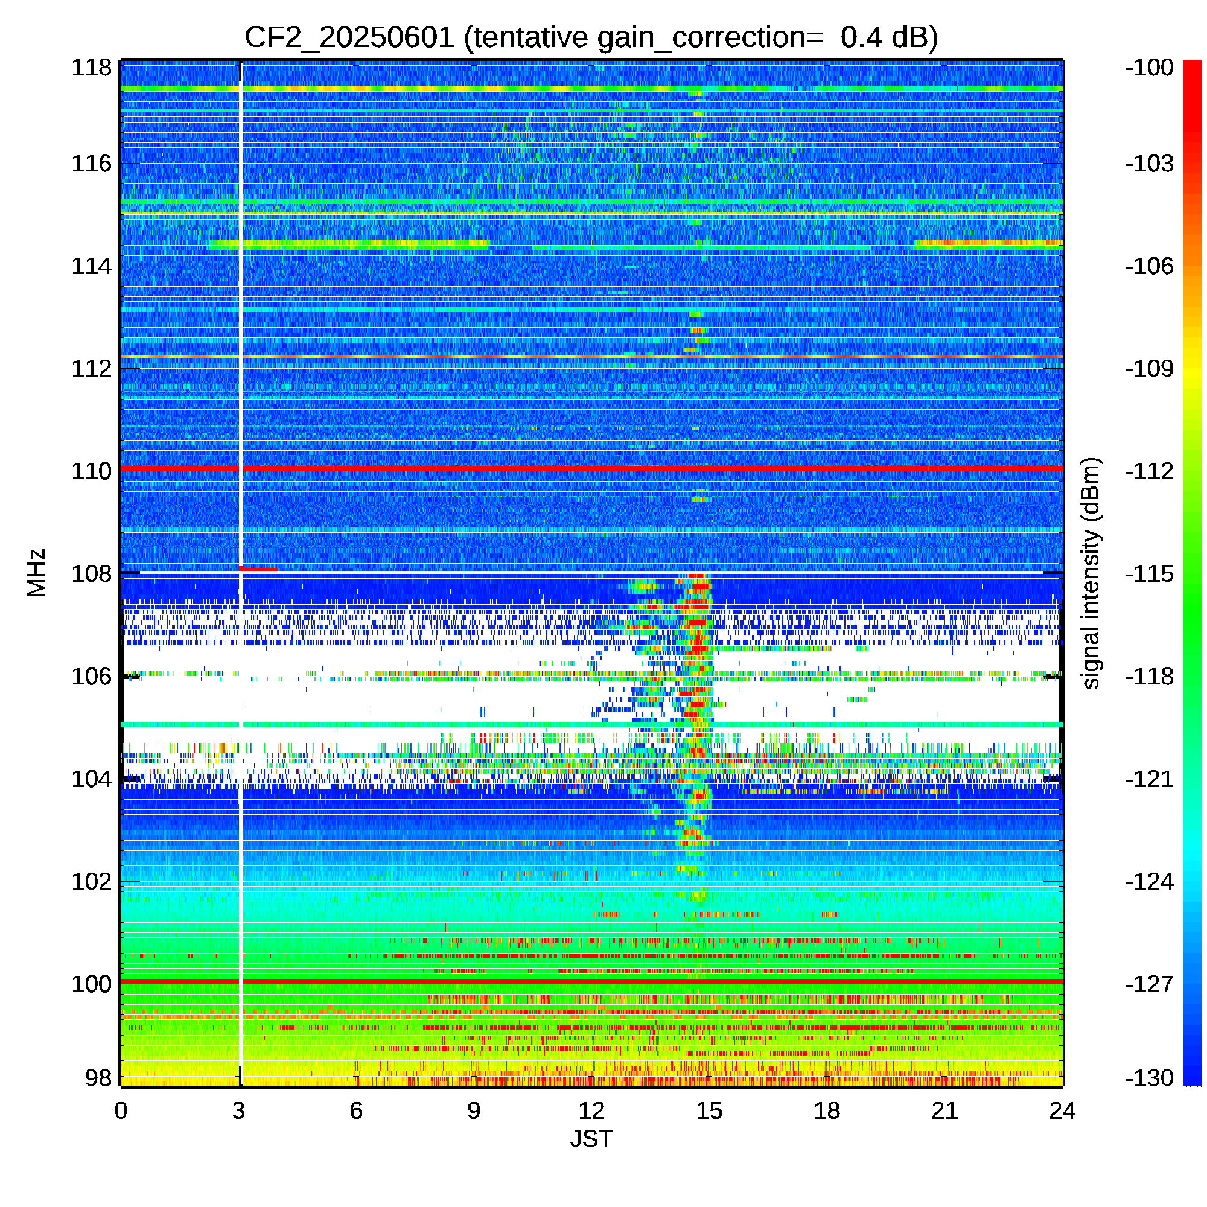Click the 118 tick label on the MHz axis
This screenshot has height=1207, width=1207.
[91, 68]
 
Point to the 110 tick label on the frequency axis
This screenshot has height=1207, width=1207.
[91, 471]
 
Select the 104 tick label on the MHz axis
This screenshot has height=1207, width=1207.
[91, 779]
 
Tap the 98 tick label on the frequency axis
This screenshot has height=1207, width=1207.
[98, 1078]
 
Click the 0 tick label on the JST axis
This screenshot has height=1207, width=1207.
[121, 1111]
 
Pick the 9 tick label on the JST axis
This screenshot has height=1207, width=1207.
[474, 1111]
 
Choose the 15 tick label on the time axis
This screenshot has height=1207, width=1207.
[709, 1111]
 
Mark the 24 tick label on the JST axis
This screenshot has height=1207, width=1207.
[1062, 1111]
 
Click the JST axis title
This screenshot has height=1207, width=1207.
[591, 1139]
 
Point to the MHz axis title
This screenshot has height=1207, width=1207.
[36, 573]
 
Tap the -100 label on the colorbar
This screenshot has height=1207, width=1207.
[1150, 68]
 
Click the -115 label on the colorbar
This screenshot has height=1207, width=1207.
[1150, 573]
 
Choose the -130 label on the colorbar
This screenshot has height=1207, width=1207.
[1150, 1078]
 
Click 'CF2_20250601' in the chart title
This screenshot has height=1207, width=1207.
[349, 37]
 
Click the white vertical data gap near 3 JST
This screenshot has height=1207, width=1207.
[241, 375]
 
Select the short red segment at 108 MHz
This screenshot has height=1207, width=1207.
[258, 569]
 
